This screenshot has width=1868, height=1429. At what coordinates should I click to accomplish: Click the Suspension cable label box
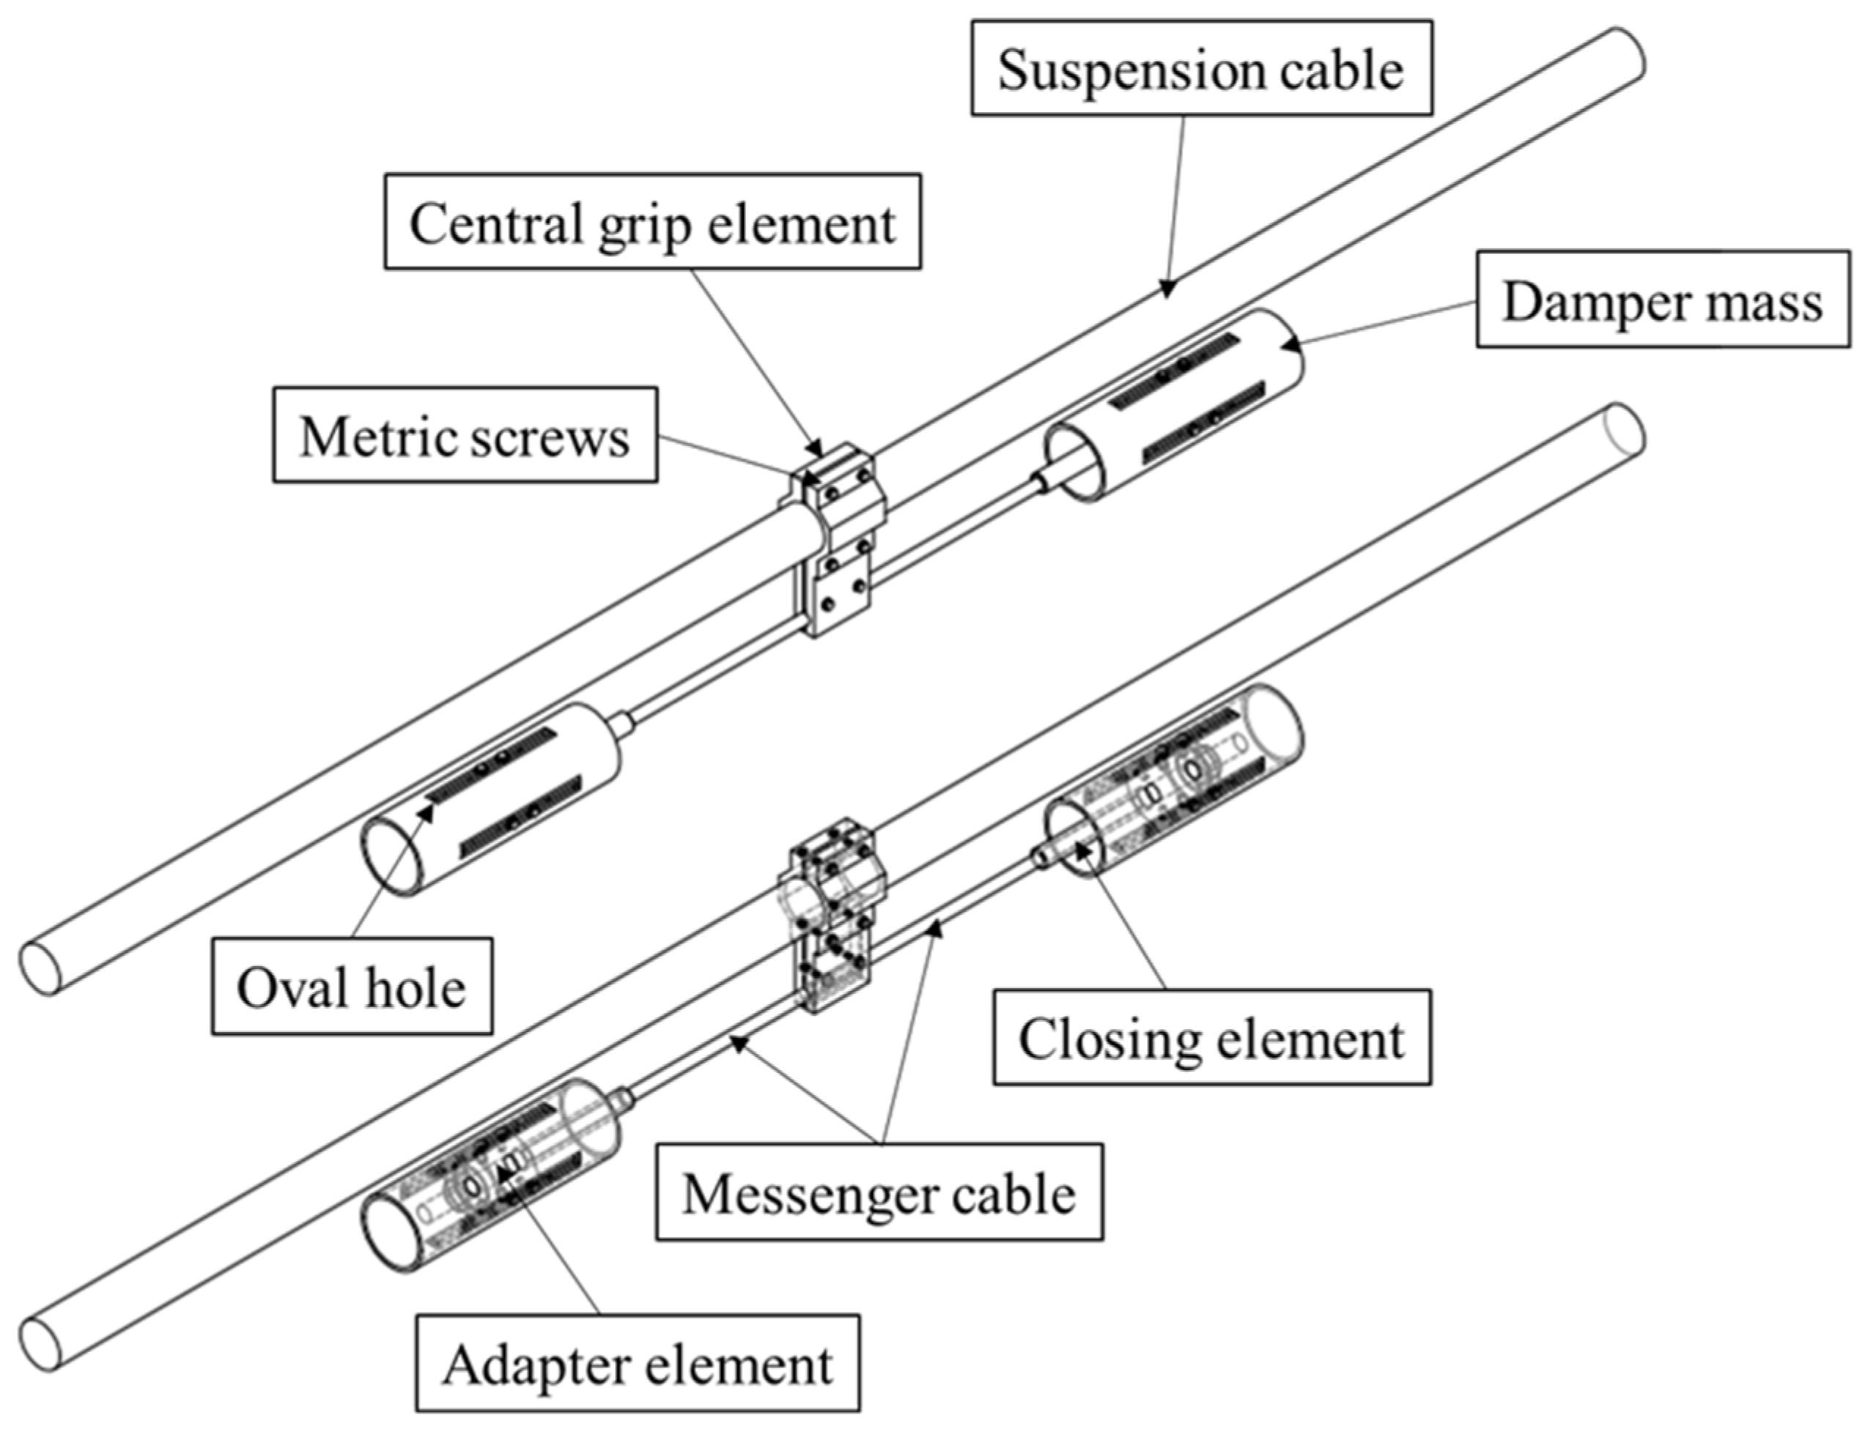(1202, 68)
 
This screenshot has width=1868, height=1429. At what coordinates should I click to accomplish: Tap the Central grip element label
(653, 222)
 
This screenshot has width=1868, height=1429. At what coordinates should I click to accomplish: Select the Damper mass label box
(1663, 299)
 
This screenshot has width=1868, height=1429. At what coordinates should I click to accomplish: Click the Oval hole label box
(352, 987)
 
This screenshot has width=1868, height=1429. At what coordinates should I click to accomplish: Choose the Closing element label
(1212, 1037)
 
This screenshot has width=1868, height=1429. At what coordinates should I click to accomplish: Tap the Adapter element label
(638, 1365)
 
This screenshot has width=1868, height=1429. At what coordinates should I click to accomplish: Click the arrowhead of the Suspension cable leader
(1167, 289)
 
